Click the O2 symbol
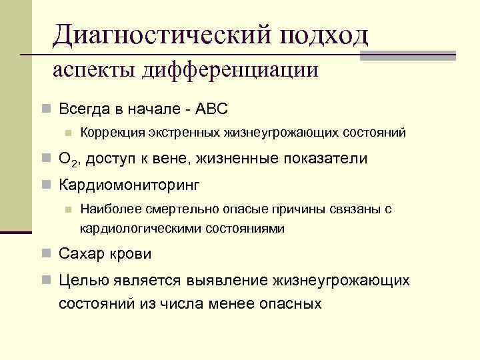click(x=67, y=159)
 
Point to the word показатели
click(x=320, y=159)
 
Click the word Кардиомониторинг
click(x=129, y=183)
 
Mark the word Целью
click(x=81, y=281)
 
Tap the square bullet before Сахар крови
click(x=45, y=253)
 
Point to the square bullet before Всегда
click(x=45, y=108)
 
